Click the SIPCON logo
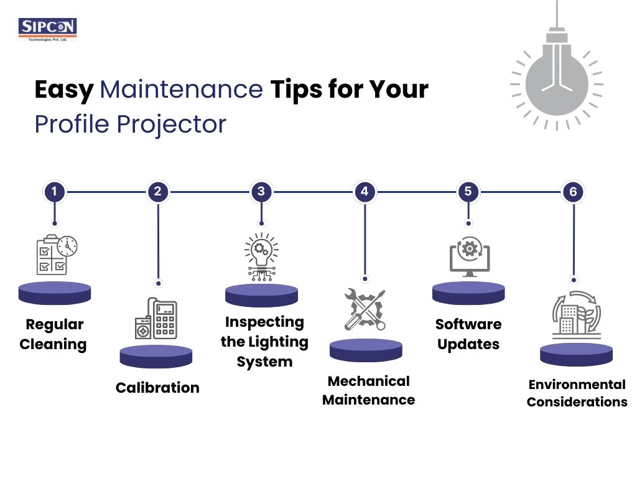pos(47,29)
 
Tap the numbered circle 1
pos(55,192)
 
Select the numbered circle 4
pos(365,192)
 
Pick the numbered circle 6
pos(573,192)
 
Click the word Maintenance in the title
pos(181,89)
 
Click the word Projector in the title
pos(172,124)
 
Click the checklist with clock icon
pos(57,255)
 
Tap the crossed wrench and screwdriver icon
pos(365,309)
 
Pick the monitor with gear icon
pos(470,257)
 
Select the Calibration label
pos(157,388)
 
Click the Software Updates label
pos(468,334)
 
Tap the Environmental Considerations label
pos(577,393)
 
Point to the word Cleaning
pos(53,344)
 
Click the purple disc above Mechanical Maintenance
pos(366,350)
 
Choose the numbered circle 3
pos(261,192)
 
